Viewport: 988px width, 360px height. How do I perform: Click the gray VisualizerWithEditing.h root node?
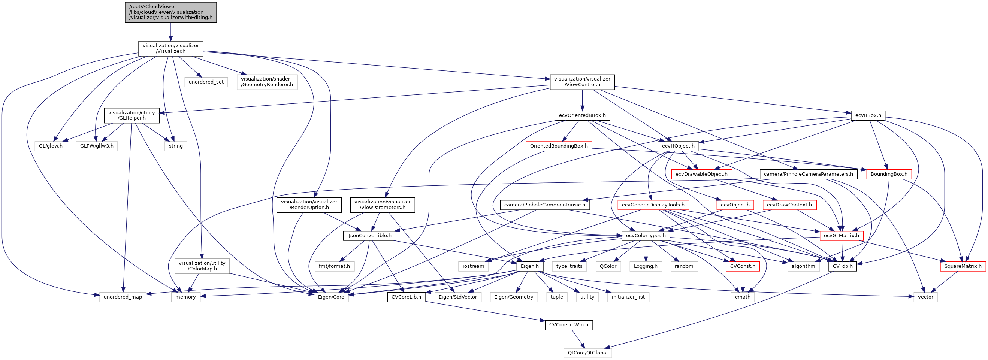click(x=171, y=12)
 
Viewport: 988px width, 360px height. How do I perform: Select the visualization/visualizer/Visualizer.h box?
click(x=171, y=48)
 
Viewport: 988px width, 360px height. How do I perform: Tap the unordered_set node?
click(x=206, y=82)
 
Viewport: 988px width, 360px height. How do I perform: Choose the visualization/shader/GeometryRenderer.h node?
click(x=267, y=82)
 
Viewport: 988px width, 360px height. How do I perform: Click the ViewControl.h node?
click(x=582, y=82)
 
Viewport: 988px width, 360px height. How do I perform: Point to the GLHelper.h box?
click(x=132, y=115)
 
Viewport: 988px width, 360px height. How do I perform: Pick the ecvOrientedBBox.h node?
click(x=582, y=115)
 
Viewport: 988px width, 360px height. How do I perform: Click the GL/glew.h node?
click(x=51, y=146)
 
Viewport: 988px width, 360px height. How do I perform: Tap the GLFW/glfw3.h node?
click(x=97, y=146)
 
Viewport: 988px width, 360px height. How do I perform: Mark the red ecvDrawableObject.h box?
click(x=701, y=174)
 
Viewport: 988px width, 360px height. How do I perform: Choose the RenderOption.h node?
click(x=309, y=205)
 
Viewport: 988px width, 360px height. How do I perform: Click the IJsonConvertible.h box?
click(x=369, y=235)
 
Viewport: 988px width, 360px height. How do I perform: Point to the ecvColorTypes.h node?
click(x=646, y=235)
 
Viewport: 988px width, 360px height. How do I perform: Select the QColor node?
click(x=608, y=266)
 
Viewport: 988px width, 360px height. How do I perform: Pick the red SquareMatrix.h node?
click(x=963, y=266)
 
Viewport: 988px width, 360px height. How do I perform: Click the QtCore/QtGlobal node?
click(x=587, y=353)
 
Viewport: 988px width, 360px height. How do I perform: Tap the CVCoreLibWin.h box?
click(x=568, y=325)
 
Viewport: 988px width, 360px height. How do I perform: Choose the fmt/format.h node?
click(x=334, y=266)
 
